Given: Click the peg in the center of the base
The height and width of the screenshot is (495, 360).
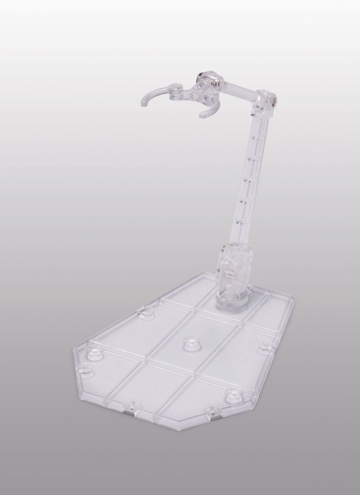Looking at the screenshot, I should pos(189,342).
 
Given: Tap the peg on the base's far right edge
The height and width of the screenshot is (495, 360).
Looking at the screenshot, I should pos(263,347).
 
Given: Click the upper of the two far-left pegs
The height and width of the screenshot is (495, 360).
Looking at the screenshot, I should pos(93,350).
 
